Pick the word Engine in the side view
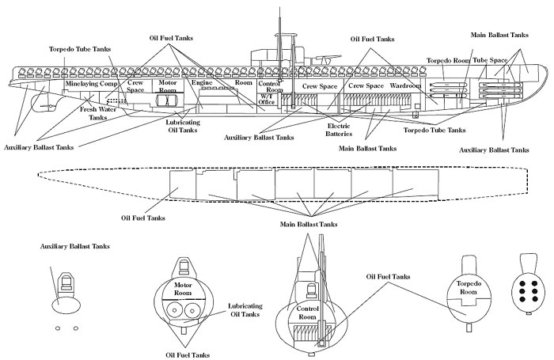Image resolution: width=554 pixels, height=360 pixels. [198, 82]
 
